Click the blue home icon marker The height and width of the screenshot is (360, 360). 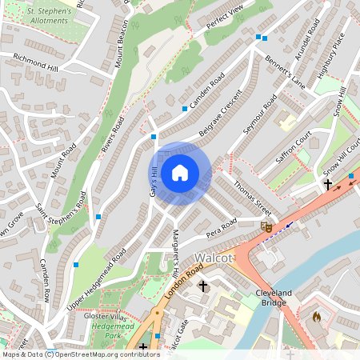tap(180, 173)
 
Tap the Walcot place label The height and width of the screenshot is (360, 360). tap(214, 259)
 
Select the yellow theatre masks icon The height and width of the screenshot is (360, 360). tap(266, 227)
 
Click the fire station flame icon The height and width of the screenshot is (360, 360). tap(316, 317)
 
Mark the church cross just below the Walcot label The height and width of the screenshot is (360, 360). tap(202, 286)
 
